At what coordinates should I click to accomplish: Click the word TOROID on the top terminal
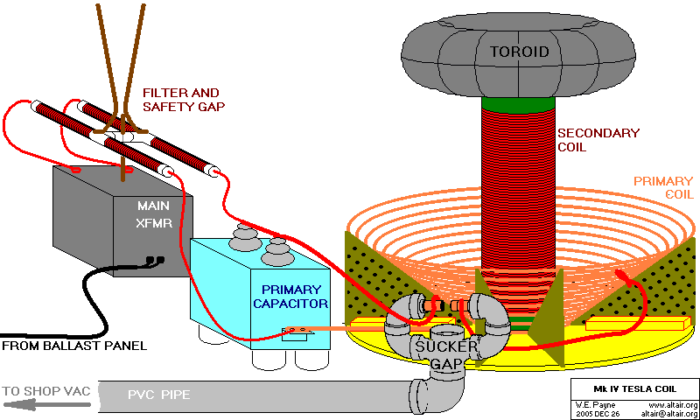click(518, 52)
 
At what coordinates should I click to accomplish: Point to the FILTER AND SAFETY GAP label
click(181, 99)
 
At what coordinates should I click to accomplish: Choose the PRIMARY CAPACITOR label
click(290, 297)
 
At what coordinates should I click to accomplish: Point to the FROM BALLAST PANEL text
click(74, 346)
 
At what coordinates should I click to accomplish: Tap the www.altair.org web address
click(675, 404)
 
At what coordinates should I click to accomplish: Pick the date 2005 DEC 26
click(597, 412)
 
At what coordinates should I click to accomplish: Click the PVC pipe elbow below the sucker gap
click(428, 393)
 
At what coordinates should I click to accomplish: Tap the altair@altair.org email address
click(668, 412)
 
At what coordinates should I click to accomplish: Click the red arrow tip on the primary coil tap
click(623, 276)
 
